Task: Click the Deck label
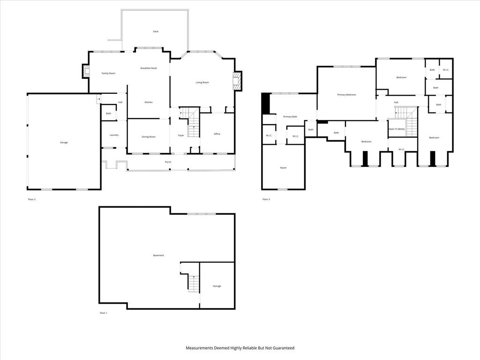pyautogui.click(x=156, y=31)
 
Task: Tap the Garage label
pyautogui.click(x=64, y=142)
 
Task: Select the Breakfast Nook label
pyautogui.click(x=149, y=68)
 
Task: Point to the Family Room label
pyautogui.click(x=108, y=73)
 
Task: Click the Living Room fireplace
pyautogui.click(x=237, y=81)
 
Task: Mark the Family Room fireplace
pyautogui.click(x=86, y=71)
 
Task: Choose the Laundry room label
pyautogui.click(x=114, y=135)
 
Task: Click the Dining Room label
pyautogui.click(x=149, y=137)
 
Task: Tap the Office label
pyautogui.click(x=217, y=134)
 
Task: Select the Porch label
pyautogui.click(x=168, y=162)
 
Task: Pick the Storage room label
pyautogui.click(x=217, y=286)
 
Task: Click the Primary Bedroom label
pyautogui.click(x=346, y=95)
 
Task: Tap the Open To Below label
pyautogui.click(x=397, y=129)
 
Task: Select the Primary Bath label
pyautogui.click(x=290, y=117)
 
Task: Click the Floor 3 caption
pyautogui.click(x=266, y=199)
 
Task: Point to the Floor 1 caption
pyautogui.click(x=104, y=313)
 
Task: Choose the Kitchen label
pyautogui.click(x=149, y=102)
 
